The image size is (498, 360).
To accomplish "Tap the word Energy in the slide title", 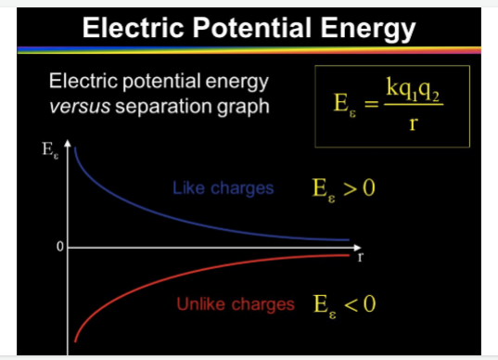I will click(x=363, y=28).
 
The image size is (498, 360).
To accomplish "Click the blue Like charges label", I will click(x=223, y=188).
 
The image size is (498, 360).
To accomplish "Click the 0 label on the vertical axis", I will click(x=58, y=248).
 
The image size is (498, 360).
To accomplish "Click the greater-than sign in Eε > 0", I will click(x=352, y=190).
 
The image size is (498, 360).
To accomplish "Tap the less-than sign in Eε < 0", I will click(x=352, y=305).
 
